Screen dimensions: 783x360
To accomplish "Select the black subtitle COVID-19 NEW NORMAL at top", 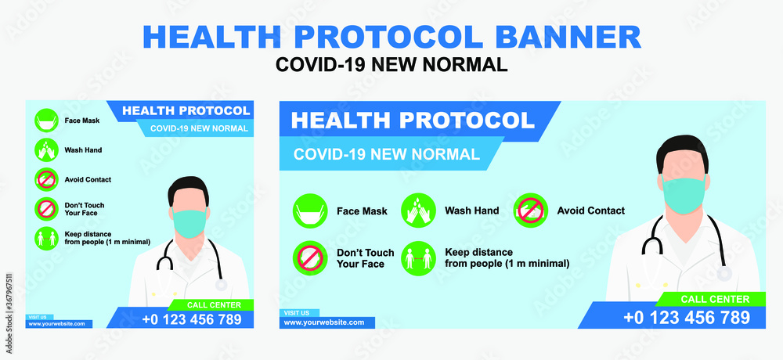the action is [x=391, y=64].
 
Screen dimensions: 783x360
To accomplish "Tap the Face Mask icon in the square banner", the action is [x=46, y=121].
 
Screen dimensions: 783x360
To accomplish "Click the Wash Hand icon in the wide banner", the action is [x=418, y=211].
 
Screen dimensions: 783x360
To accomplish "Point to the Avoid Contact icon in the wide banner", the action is [x=531, y=211].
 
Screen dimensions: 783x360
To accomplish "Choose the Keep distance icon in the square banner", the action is [x=46, y=238].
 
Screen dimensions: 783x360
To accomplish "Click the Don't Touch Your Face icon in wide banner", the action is [x=310, y=258].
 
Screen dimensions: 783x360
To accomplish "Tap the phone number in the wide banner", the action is [x=687, y=318].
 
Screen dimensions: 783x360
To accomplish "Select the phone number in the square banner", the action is [x=192, y=319].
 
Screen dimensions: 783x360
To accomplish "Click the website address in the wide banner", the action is [x=324, y=322].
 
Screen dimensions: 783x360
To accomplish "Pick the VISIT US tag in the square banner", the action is [x=38, y=317].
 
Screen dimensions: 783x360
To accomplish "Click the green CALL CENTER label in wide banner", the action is [x=715, y=300].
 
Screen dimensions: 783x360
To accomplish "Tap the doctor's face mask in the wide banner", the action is [x=684, y=196].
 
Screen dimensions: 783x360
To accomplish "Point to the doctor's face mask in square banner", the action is [x=189, y=223].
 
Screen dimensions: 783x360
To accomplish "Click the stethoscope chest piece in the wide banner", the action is [x=724, y=274].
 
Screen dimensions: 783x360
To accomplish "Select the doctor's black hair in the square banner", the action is [x=188, y=188].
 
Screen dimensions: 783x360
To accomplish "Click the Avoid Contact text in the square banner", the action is [x=88, y=179].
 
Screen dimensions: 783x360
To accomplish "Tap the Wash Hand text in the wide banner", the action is [x=472, y=211].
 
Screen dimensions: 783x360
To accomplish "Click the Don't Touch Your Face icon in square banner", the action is [x=46, y=209].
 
